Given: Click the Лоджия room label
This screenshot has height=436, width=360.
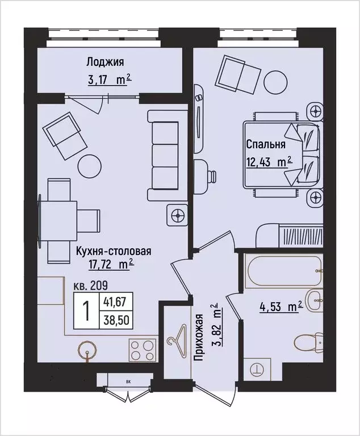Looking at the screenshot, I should pyautogui.click(x=105, y=62).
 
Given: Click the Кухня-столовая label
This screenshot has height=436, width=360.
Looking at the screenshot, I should pyautogui.click(x=112, y=250).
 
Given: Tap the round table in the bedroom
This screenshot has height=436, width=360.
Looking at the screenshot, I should pyautogui.click(x=277, y=80).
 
